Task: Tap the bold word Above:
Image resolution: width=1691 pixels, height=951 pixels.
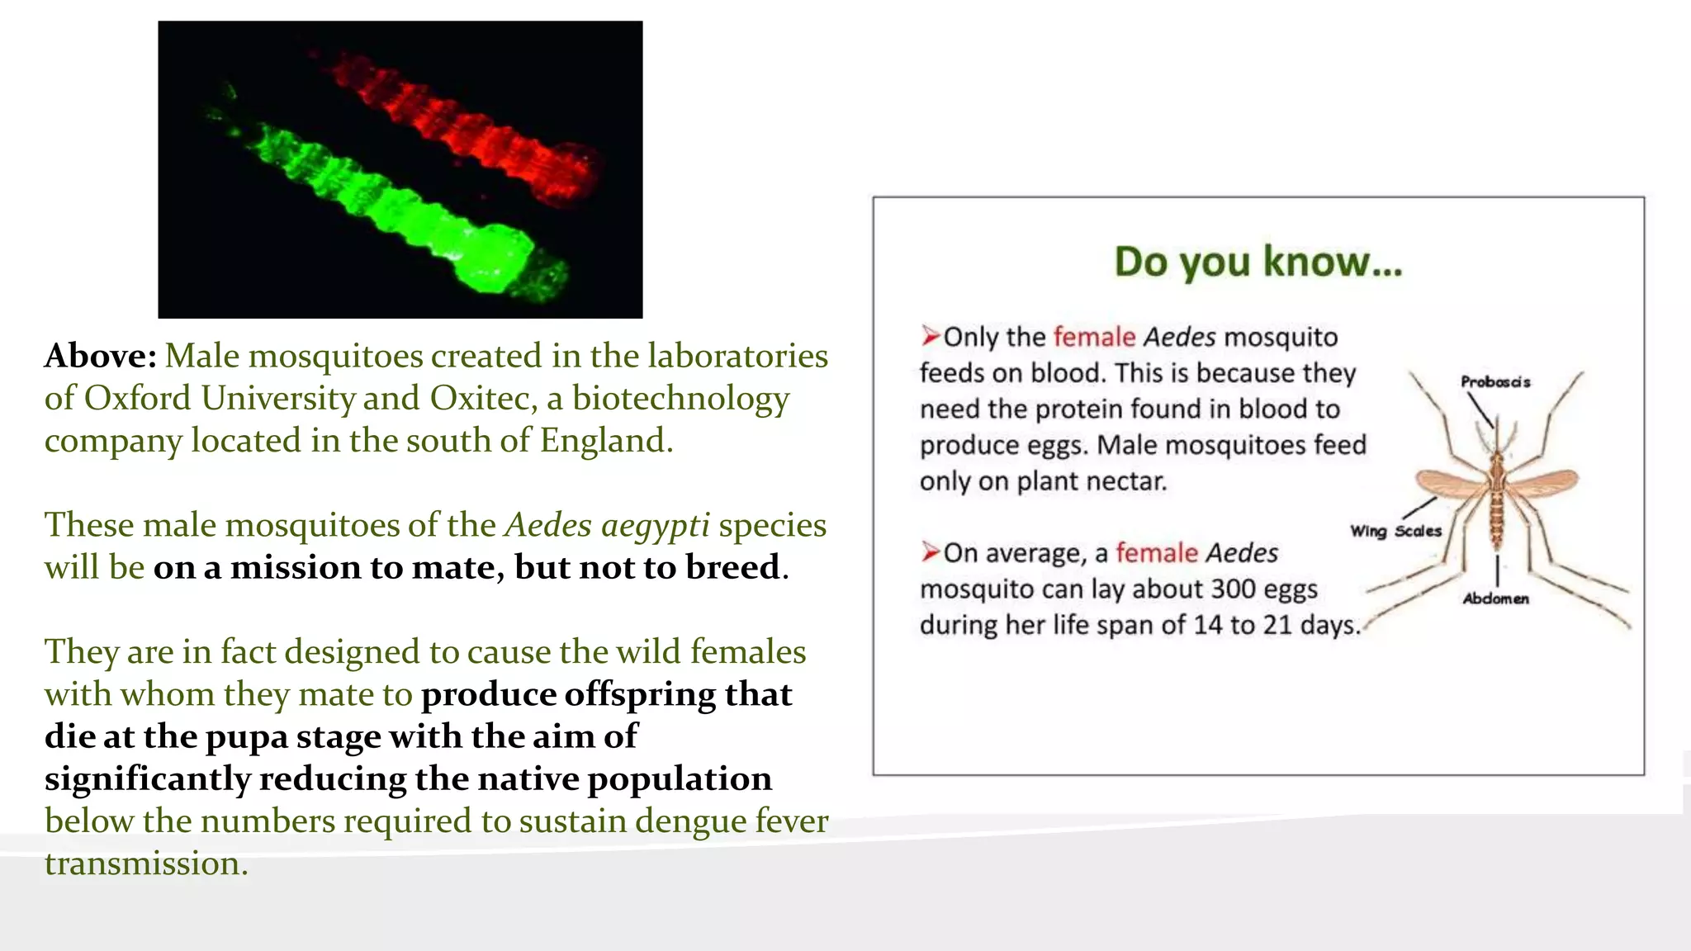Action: click(x=100, y=357)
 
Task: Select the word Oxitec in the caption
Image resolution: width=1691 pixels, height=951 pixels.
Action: click(x=478, y=399)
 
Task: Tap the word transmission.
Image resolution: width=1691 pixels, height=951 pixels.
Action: click(x=145, y=863)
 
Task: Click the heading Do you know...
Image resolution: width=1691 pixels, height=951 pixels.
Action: click(x=1258, y=262)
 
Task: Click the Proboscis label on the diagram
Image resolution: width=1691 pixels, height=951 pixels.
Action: click(x=1495, y=382)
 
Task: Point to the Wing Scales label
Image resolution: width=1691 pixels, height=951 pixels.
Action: click(x=1395, y=531)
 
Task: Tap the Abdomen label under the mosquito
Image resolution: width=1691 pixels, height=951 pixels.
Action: click(x=1495, y=599)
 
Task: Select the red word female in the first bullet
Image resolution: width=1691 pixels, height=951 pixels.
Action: click(x=1094, y=338)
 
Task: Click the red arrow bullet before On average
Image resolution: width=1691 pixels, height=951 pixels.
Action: click(x=931, y=551)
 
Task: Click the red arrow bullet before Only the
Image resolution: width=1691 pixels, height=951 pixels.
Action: click(x=931, y=336)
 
